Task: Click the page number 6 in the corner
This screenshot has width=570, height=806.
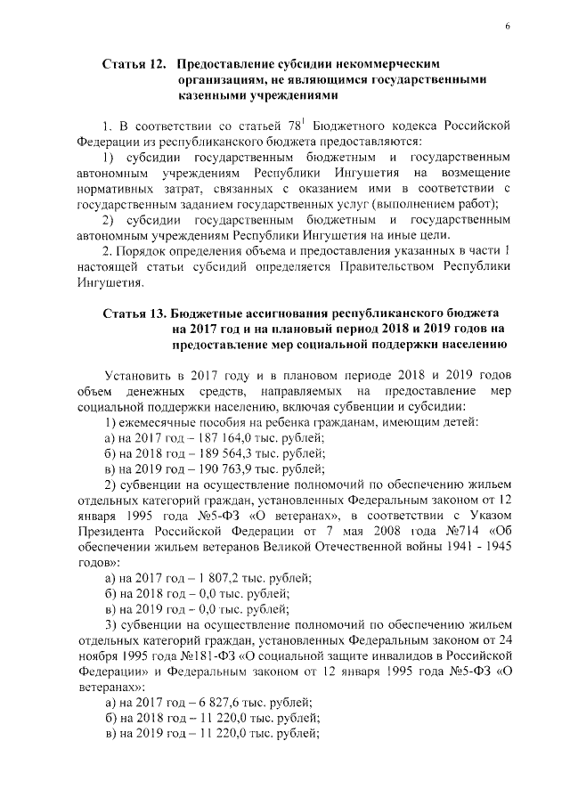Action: [x=507, y=28]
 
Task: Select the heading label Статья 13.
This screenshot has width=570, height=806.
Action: [x=134, y=314]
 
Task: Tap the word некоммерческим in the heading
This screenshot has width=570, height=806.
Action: [x=395, y=65]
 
